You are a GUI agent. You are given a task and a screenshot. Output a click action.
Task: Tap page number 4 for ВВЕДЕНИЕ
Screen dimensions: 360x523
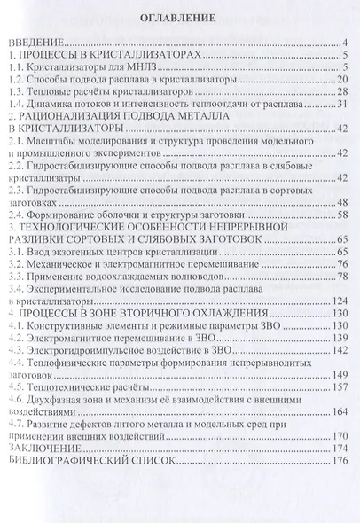pos(347,42)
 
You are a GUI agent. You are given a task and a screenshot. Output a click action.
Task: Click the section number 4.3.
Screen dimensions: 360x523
pos(15,350)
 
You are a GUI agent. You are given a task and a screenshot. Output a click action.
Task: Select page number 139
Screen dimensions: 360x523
pos(340,338)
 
